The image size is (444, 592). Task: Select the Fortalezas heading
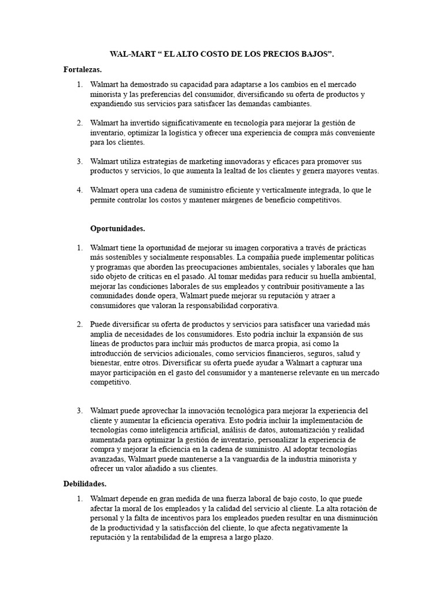83,70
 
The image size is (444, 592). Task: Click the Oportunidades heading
118,228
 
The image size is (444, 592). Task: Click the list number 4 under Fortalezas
80,190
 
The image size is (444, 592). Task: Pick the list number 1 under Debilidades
80,498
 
